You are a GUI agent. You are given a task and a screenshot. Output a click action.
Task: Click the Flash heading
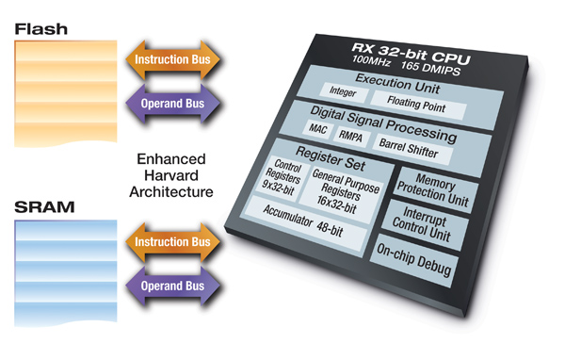(40, 29)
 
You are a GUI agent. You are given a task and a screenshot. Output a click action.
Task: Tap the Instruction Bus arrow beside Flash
(172, 60)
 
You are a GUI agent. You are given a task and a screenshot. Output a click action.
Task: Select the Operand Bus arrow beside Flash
(172, 102)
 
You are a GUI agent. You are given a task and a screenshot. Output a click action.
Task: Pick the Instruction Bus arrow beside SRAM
(172, 242)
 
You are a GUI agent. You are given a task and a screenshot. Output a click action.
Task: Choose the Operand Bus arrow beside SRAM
(172, 285)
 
